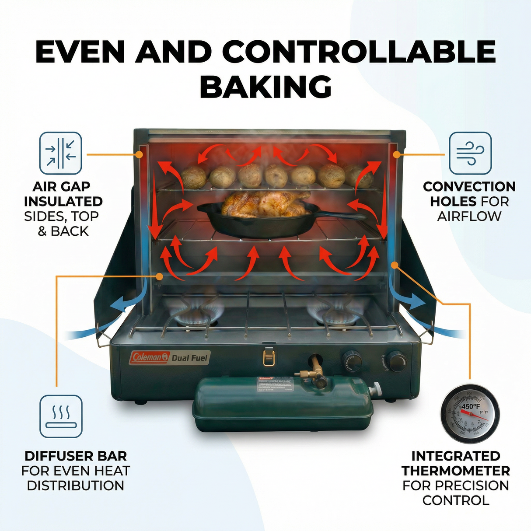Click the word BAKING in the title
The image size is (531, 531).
click(x=265, y=87)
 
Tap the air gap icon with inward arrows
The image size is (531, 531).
click(x=61, y=153)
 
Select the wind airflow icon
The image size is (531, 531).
click(x=470, y=153)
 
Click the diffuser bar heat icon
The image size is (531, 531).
click(x=61, y=416)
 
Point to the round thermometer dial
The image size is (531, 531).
click(x=470, y=414)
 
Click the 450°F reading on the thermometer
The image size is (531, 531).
click(x=471, y=406)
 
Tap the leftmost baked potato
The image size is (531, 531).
click(x=194, y=177)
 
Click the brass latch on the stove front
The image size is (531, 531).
click(x=269, y=356)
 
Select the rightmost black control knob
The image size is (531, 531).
click(x=396, y=361)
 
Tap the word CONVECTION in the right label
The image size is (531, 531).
click(x=469, y=187)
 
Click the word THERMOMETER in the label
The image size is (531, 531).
click(x=456, y=471)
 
